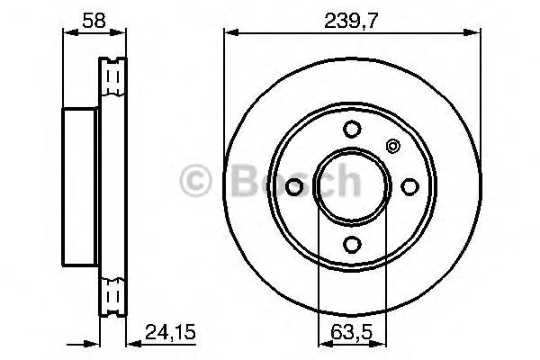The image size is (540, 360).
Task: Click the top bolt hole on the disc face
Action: point(352,128)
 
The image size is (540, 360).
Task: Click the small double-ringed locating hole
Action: point(391,146)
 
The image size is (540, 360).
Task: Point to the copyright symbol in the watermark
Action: point(195,182)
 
